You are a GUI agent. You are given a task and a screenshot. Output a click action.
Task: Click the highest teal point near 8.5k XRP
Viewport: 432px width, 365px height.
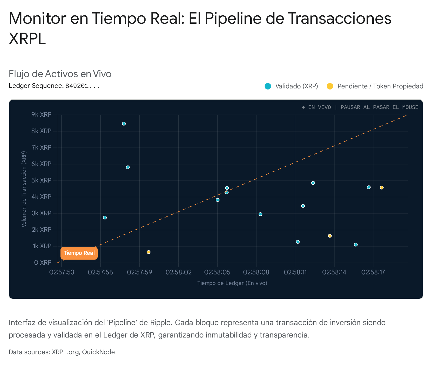(x=124, y=124)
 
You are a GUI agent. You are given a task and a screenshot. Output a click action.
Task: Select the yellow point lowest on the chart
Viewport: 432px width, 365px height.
(x=148, y=252)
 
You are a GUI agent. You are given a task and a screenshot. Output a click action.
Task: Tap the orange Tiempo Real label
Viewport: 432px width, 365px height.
(x=79, y=253)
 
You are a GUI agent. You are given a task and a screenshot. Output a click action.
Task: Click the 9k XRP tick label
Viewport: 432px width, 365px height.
(x=41, y=115)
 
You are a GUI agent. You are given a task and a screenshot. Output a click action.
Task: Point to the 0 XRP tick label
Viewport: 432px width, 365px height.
(x=43, y=263)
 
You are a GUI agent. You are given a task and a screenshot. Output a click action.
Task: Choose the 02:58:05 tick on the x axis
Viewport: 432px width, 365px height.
(x=217, y=272)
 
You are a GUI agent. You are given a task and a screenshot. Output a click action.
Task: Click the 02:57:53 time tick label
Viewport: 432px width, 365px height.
(x=62, y=272)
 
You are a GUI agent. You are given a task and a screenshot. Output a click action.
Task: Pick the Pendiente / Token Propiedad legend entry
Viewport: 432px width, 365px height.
(x=375, y=86)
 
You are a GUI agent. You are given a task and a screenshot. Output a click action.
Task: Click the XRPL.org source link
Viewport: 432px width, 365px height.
(x=65, y=352)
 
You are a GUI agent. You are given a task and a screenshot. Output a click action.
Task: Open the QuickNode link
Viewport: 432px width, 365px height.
(x=98, y=352)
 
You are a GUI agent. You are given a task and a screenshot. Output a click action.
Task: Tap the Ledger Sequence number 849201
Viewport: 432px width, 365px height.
(x=82, y=86)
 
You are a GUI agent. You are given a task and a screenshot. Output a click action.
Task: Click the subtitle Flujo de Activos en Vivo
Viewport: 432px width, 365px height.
(x=60, y=74)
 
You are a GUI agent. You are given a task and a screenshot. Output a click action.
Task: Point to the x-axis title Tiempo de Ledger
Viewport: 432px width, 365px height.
(x=232, y=283)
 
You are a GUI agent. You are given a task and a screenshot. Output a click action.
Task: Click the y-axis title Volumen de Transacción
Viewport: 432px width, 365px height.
(x=24, y=189)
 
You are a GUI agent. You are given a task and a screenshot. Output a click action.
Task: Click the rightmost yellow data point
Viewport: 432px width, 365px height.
(x=382, y=188)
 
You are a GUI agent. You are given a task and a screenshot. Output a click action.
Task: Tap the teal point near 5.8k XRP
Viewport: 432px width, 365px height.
(x=128, y=167)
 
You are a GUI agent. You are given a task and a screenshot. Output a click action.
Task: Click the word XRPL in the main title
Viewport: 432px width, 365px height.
(x=27, y=39)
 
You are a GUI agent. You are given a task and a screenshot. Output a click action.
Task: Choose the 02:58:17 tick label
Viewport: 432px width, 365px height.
(x=373, y=272)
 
